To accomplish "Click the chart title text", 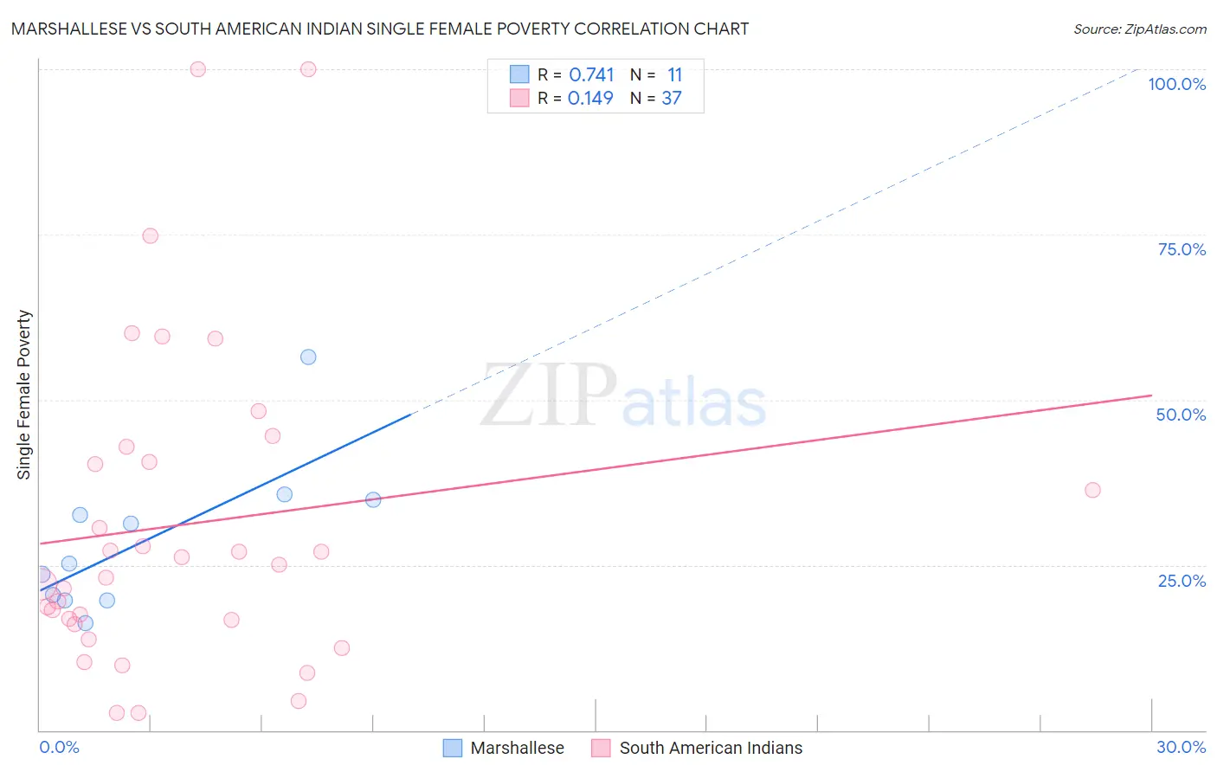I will pos(380,29).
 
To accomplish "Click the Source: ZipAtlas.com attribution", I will pos(1139,29).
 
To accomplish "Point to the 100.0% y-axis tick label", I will pos(1176,84).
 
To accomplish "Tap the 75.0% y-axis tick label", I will pos(1182,249).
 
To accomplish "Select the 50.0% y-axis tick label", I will pos(1181,415).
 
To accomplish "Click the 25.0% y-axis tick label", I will pos(1182,581).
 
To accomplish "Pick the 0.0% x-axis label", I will pos(59,747).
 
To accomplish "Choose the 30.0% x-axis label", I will pos(1181,747).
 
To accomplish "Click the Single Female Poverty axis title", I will pos(24,395).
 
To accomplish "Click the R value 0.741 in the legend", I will pos(591,75).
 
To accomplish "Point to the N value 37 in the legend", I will pos(672,99).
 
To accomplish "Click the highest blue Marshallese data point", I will pos(308,357).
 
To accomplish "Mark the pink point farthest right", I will pos(1092,491).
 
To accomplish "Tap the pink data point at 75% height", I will pos(151,236).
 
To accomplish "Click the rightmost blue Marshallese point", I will pos(373,499).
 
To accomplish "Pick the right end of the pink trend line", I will pos(1151,396).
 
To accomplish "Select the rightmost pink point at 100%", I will pos(308,69).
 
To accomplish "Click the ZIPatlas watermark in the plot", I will pos(623,396).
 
